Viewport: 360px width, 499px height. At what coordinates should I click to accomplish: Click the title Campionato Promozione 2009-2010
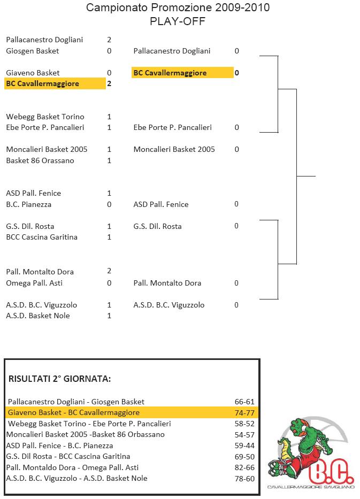[178, 7]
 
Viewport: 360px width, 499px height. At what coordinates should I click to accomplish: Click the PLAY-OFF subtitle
[178, 21]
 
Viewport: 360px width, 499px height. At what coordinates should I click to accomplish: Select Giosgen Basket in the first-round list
[33, 51]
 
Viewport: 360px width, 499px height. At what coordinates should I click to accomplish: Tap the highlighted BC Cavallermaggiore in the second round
[170, 73]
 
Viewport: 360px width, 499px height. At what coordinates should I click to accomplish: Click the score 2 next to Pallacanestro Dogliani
[109, 40]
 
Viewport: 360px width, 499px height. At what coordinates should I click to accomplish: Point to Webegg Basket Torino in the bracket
[45, 117]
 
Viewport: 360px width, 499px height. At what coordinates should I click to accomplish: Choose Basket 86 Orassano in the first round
[40, 160]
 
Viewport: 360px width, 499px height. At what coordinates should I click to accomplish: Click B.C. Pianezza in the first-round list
[29, 204]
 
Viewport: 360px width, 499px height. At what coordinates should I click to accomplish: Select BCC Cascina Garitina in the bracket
[42, 237]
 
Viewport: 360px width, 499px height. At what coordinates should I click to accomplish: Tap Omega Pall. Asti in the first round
[34, 283]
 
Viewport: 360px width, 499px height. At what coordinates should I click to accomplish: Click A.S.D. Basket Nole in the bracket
[38, 316]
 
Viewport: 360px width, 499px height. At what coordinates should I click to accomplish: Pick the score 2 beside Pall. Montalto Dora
[109, 271]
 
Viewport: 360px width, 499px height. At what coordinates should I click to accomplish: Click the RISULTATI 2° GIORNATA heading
[59, 379]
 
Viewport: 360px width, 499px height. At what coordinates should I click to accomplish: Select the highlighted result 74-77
[244, 413]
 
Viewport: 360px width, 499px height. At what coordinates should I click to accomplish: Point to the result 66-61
[244, 402]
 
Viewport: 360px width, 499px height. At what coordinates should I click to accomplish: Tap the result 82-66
[244, 467]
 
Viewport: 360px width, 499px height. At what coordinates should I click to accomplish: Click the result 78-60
[244, 479]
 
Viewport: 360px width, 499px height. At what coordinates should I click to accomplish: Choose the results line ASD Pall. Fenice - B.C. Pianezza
[59, 446]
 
